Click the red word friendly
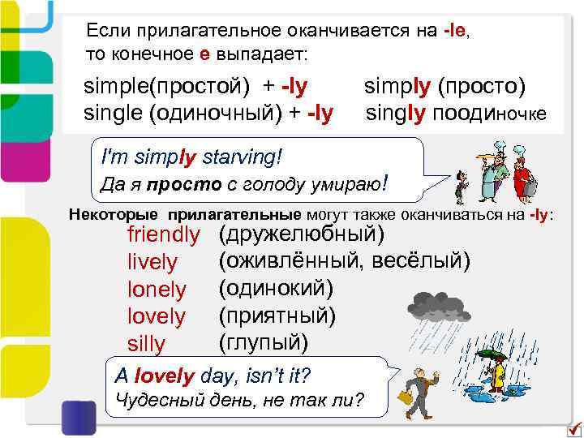coord(163,236)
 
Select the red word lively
coord(152,263)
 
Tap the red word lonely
coord(157,290)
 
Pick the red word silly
coord(146,344)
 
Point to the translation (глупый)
coord(264,341)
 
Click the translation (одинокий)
coord(276,288)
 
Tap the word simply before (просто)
coord(398,85)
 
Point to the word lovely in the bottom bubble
coord(165,376)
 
